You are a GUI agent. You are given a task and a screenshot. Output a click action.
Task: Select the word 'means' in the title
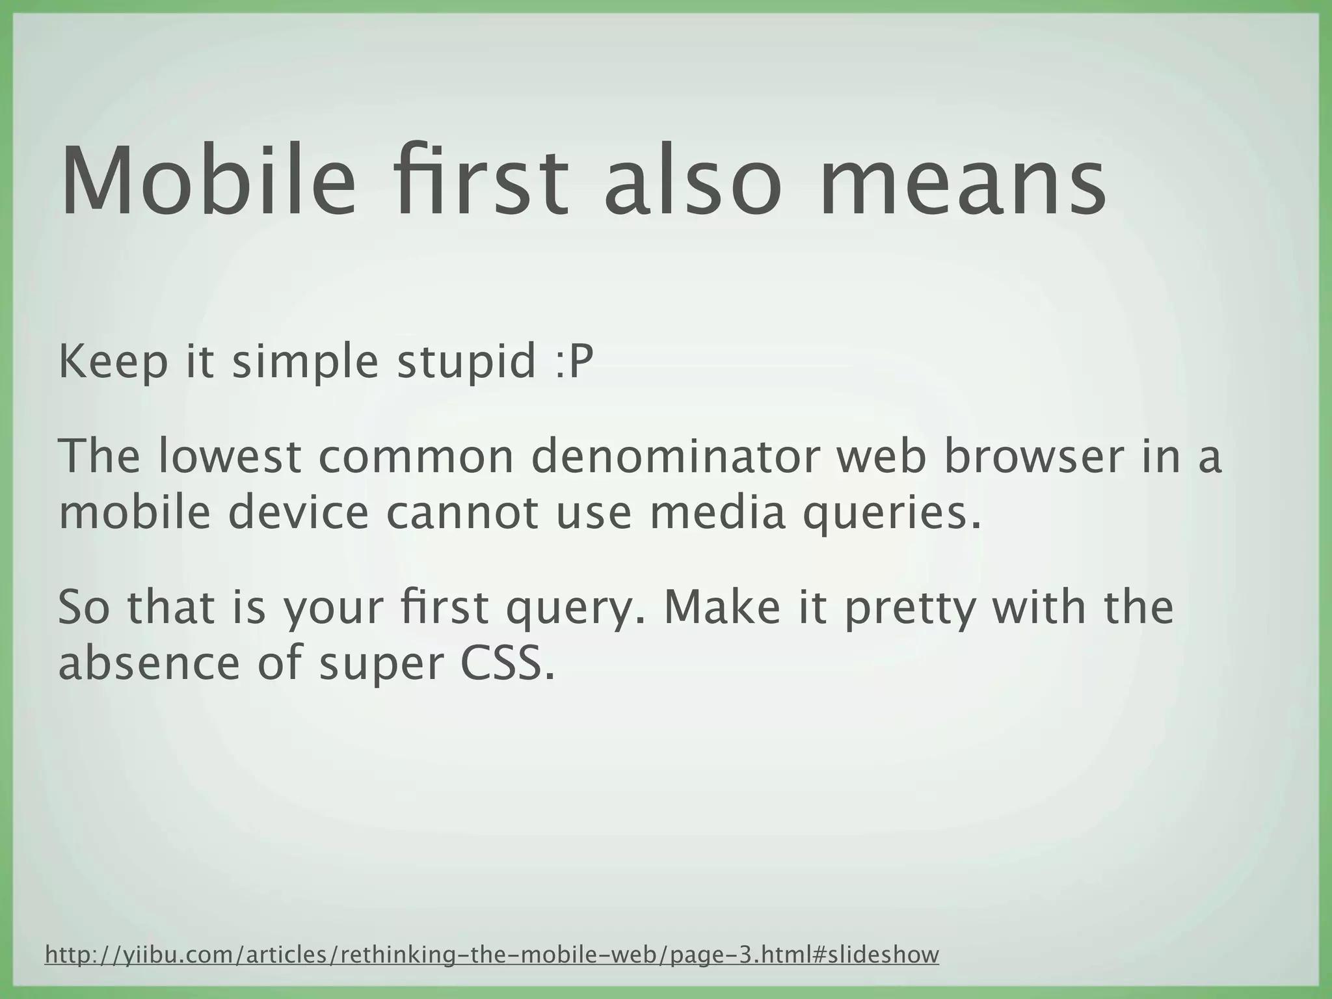pos(962,182)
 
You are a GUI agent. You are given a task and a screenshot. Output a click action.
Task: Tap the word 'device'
pos(299,513)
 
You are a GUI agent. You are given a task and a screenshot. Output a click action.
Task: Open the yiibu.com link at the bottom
pos(492,955)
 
